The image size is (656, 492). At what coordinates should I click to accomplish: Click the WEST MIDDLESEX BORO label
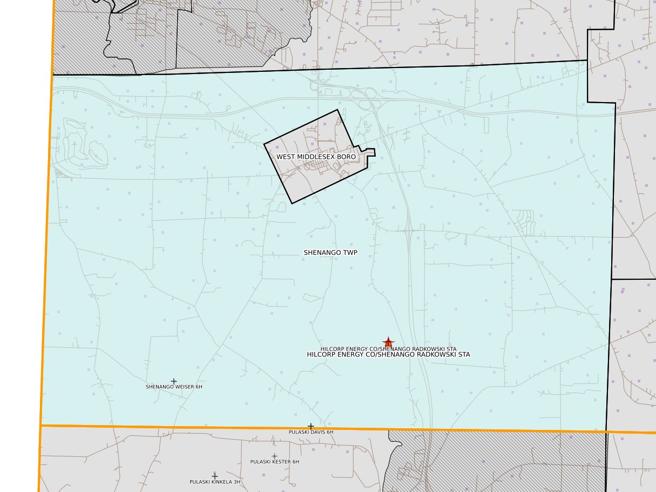tap(316, 157)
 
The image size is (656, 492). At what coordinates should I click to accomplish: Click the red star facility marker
tap(388, 342)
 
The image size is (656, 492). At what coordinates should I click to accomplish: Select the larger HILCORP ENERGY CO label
tap(388, 355)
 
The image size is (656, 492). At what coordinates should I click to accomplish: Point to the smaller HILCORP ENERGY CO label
tap(388, 349)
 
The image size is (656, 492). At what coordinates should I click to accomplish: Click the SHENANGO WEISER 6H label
tap(174, 387)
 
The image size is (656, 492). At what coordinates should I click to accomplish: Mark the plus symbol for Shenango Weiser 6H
tap(174, 381)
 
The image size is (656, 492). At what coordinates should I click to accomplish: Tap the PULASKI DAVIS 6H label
tap(311, 432)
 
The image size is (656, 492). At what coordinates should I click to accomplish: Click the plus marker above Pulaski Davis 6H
tap(310, 426)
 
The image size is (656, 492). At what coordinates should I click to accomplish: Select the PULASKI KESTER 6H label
tap(274, 462)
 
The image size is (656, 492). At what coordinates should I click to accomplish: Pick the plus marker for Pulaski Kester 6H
tap(274, 456)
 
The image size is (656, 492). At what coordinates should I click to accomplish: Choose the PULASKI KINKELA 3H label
tap(214, 482)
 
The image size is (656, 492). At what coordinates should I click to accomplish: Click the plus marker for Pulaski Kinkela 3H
tap(214, 476)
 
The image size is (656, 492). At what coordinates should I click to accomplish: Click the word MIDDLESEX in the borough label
tap(318, 157)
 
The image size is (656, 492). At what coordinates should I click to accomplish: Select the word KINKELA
tap(221, 482)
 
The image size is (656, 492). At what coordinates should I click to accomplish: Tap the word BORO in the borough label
tap(347, 157)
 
